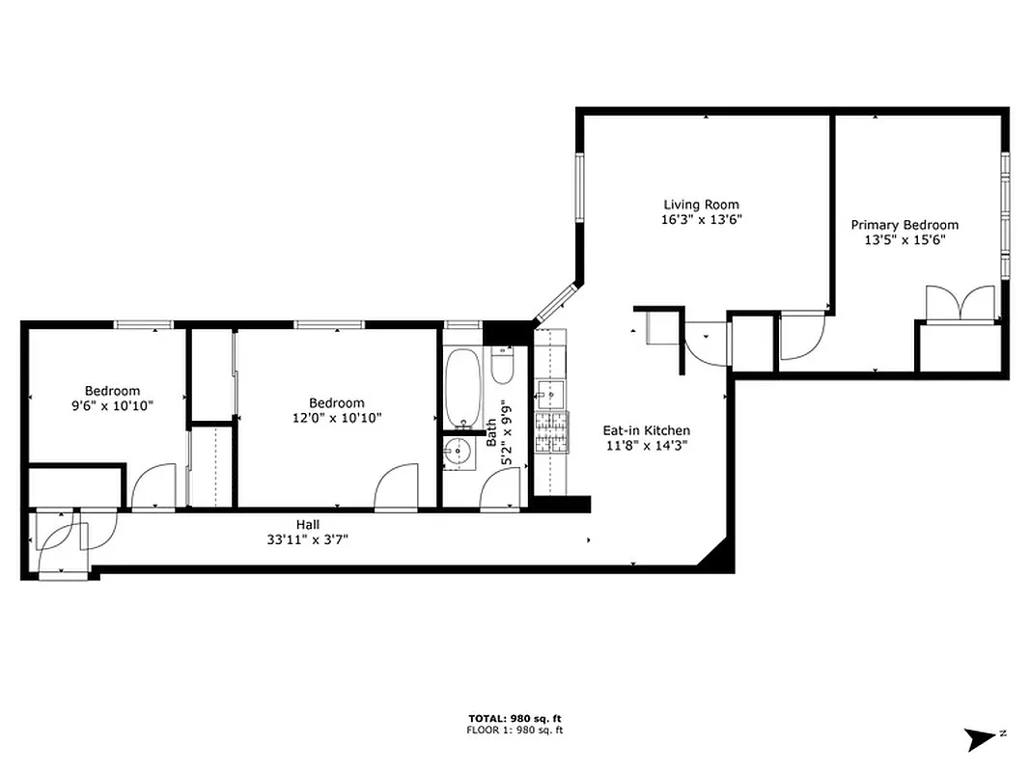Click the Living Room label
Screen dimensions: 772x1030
click(x=701, y=205)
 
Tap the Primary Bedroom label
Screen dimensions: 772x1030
click(x=905, y=225)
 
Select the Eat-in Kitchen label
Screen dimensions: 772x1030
click(x=647, y=430)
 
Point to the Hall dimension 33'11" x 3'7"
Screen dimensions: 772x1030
click(x=308, y=539)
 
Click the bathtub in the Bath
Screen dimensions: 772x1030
click(x=463, y=389)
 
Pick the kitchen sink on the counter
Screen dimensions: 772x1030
click(x=548, y=393)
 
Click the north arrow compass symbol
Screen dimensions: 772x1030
click(x=983, y=739)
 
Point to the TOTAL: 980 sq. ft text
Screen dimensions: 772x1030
click(x=515, y=718)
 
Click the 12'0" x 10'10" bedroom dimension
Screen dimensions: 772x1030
click(x=337, y=418)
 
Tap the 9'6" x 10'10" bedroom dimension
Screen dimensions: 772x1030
click(x=112, y=405)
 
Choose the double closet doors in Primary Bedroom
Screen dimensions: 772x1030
click(x=960, y=303)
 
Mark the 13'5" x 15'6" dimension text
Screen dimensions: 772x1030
click(x=905, y=240)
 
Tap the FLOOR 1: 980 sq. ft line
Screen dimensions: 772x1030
click(x=515, y=731)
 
